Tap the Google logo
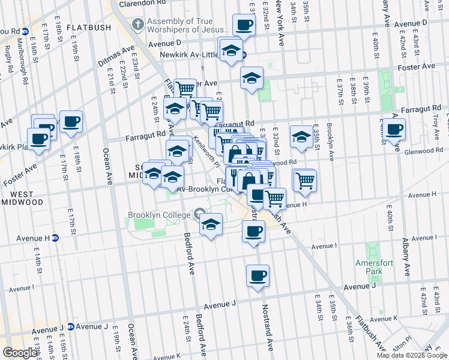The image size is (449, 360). pyautogui.click(x=20, y=353)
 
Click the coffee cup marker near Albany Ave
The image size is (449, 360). pyautogui.click(x=395, y=130)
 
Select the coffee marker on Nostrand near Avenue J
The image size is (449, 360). pyautogui.click(x=258, y=276)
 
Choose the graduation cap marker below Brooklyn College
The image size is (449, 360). pyautogui.click(x=210, y=225)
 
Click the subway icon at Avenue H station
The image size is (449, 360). pyautogui.click(x=55, y=238)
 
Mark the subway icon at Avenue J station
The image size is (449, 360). pyautogui.click(x=70, y=327)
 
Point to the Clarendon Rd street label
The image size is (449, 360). pyautogui.click(x=142, y=3)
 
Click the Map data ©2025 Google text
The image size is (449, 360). pyautogui.click(x=412, y=355)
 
